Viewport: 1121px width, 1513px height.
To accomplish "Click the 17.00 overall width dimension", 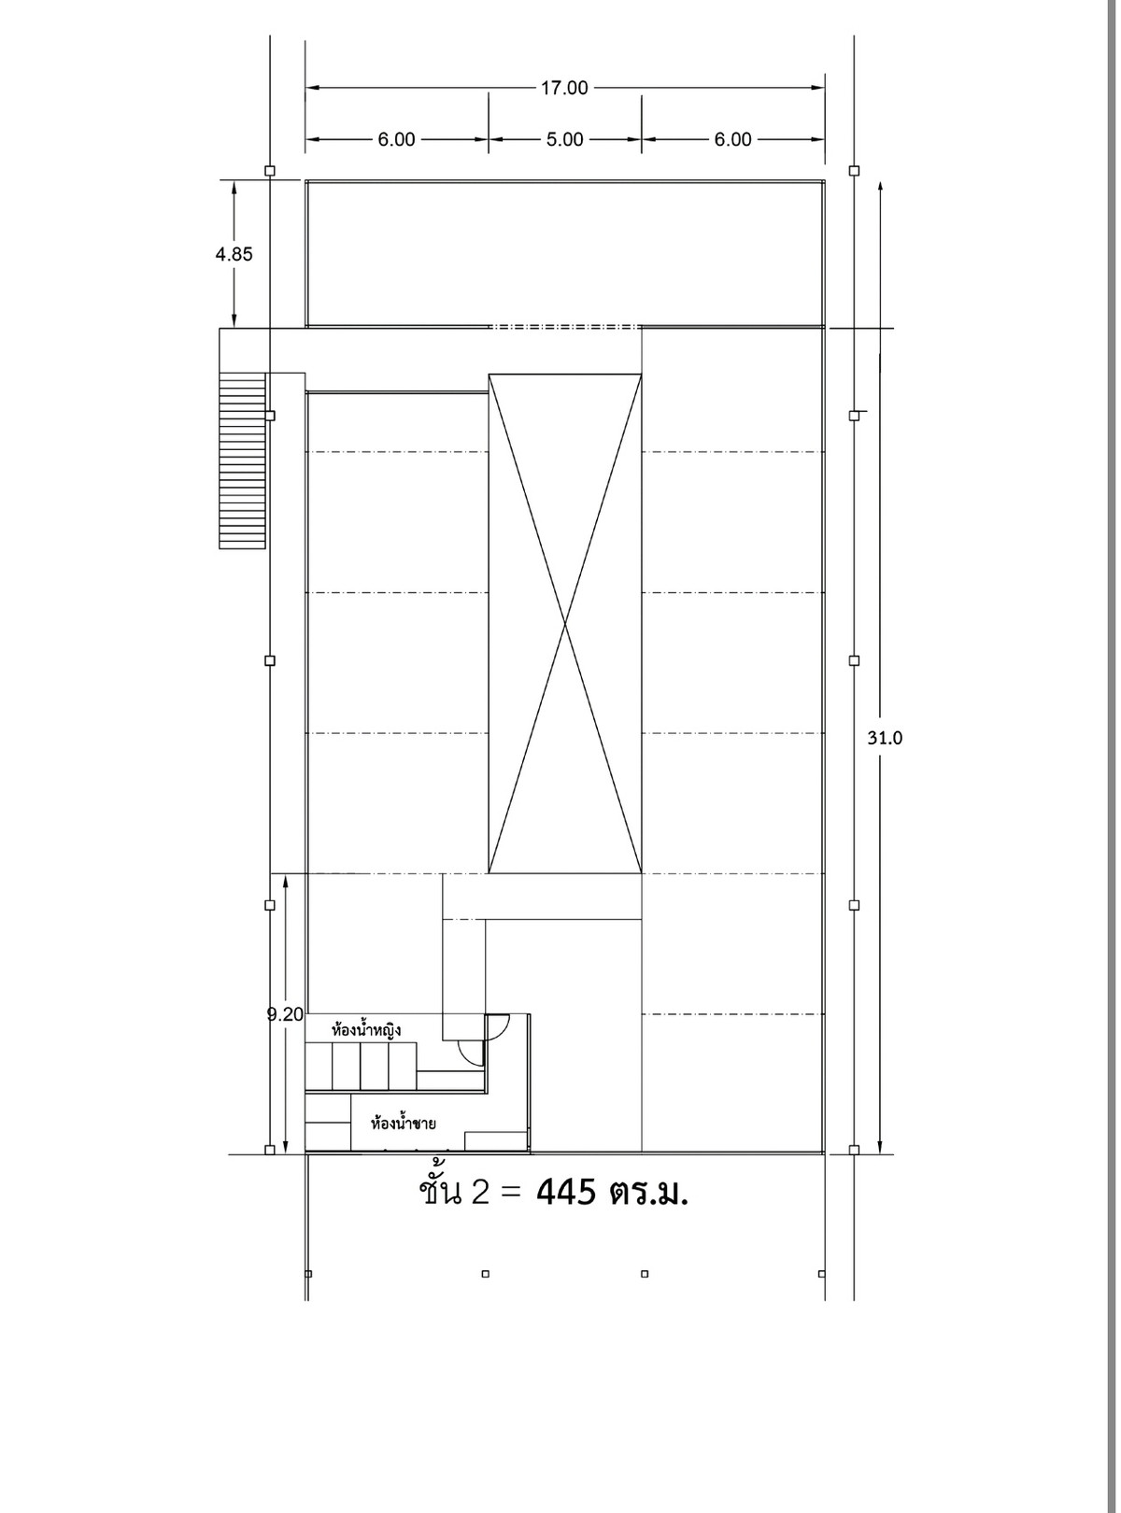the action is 564,88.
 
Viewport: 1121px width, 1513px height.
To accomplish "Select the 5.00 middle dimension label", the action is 564,139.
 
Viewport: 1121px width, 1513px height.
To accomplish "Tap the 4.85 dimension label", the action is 234,254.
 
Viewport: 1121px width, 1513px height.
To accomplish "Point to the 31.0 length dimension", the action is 885,738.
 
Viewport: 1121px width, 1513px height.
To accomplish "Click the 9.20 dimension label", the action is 285,1014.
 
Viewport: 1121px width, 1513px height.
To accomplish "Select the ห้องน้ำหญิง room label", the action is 366,1029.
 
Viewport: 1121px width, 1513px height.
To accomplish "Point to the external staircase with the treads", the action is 242,460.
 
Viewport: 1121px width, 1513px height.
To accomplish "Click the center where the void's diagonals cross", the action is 565,624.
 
